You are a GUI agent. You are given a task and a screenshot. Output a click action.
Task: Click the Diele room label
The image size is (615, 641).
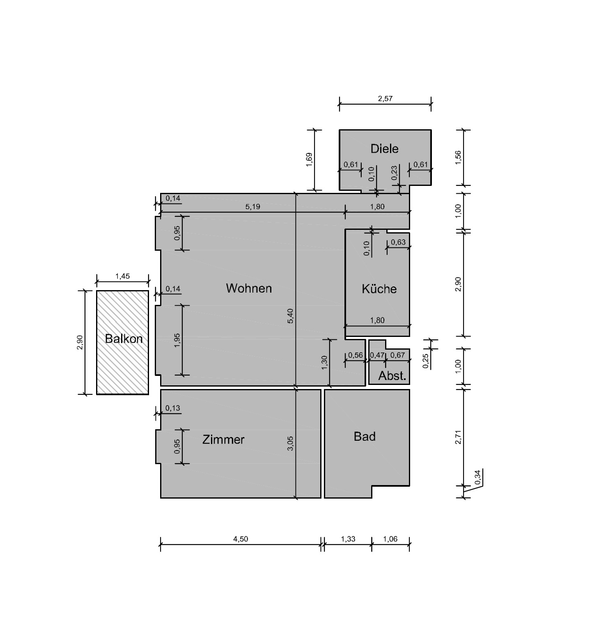(384, 149)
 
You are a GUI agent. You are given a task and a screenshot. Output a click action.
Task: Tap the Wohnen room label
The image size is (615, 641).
(249, 288)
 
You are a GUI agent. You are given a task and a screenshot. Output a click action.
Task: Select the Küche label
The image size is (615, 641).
(379, 288)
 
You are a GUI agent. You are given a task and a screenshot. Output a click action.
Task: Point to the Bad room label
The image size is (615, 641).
(365, 436)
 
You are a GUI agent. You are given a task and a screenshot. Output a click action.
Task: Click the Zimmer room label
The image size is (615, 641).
(223, 440)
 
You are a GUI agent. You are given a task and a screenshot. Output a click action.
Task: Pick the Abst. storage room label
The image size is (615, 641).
(392, 375)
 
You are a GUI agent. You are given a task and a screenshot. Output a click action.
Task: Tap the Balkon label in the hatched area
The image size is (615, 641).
(124, 339)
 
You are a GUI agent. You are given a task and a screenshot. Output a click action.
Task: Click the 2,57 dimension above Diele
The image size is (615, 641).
(385, 99)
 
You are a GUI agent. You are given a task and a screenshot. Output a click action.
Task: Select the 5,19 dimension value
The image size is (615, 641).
(253, 207)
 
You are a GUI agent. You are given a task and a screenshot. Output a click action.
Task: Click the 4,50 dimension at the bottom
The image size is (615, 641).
(241, 539)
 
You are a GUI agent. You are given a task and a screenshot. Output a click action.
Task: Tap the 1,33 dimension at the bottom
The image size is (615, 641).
(348, 539)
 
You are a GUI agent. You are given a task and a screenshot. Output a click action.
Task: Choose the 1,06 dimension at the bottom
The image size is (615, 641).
(390, 539)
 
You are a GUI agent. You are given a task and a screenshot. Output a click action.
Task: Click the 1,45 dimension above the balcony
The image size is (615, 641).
(122, 276)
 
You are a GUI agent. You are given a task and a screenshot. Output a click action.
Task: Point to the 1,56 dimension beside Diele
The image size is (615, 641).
(459, 158)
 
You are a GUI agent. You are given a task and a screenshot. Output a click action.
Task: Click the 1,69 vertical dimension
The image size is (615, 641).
(309, 160)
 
